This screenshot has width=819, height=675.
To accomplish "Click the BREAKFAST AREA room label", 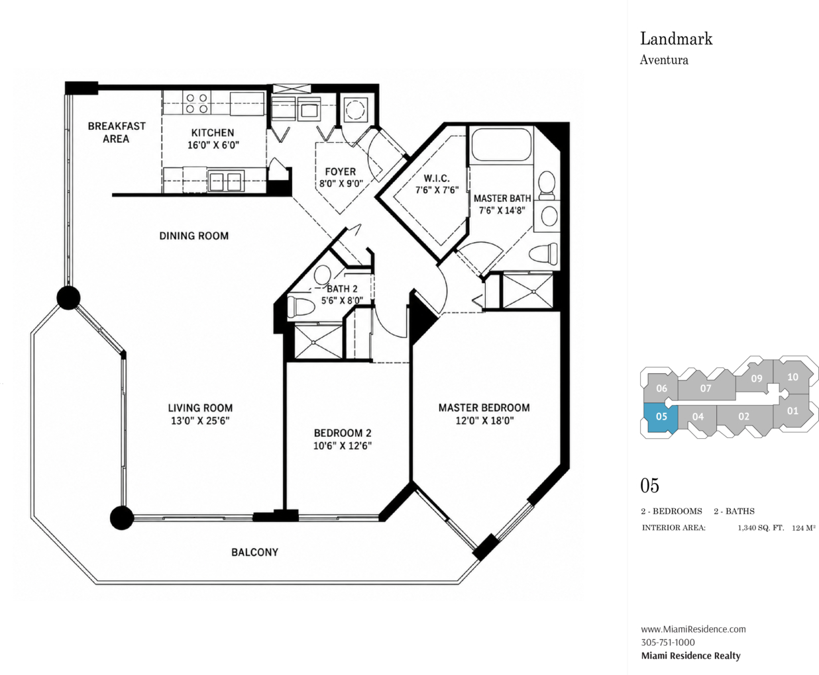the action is (x=117, y=132).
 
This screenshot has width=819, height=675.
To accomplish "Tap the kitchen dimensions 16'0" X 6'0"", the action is (x=213, y=146).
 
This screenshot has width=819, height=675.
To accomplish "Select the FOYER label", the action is (x=341, y=171).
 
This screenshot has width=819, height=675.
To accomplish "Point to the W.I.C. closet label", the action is (x=437, y=179).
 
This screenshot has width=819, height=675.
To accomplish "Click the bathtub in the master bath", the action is (x=502, y=144).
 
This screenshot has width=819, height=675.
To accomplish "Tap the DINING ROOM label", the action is (x=193, y=236).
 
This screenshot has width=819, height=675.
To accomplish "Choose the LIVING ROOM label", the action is (x=200, y=408).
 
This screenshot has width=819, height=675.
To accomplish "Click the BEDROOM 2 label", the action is (x=343, y=433).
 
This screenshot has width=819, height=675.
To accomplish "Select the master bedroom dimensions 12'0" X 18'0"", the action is (x=484, y=421).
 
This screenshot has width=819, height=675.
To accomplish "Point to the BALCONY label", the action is (x=254, y=553).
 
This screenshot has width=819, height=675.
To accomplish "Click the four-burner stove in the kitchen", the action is (x=197, y=103).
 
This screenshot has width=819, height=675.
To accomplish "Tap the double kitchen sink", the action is (x=225, y=181).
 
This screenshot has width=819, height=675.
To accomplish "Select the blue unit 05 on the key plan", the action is (x=661, y=417).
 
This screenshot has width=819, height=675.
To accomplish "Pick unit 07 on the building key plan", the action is (x=706, y=388).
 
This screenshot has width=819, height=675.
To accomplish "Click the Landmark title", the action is (x=677, y=39).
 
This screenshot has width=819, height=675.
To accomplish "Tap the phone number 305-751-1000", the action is (x=668, y=643).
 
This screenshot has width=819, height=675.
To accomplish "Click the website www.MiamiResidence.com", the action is (x=693, y=629).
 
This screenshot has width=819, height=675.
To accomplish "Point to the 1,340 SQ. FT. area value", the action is (x=761, y=528).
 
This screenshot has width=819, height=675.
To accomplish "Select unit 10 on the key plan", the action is (x=792, y=377).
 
